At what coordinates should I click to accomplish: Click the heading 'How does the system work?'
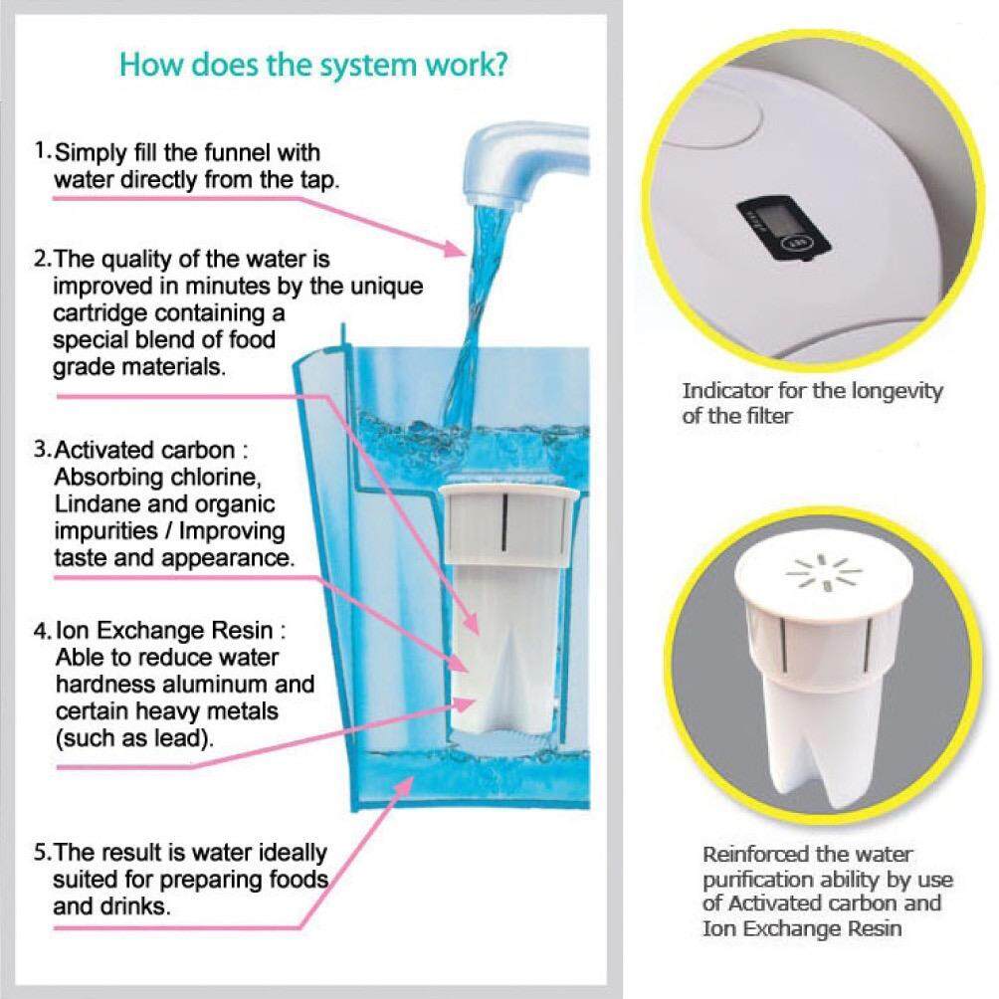point(313,65)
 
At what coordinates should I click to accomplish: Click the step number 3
point(40,449)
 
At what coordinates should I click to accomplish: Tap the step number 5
point(40,853)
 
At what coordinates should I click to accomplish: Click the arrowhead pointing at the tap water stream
point(455,249)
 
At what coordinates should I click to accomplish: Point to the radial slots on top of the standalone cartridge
point(825,571)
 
